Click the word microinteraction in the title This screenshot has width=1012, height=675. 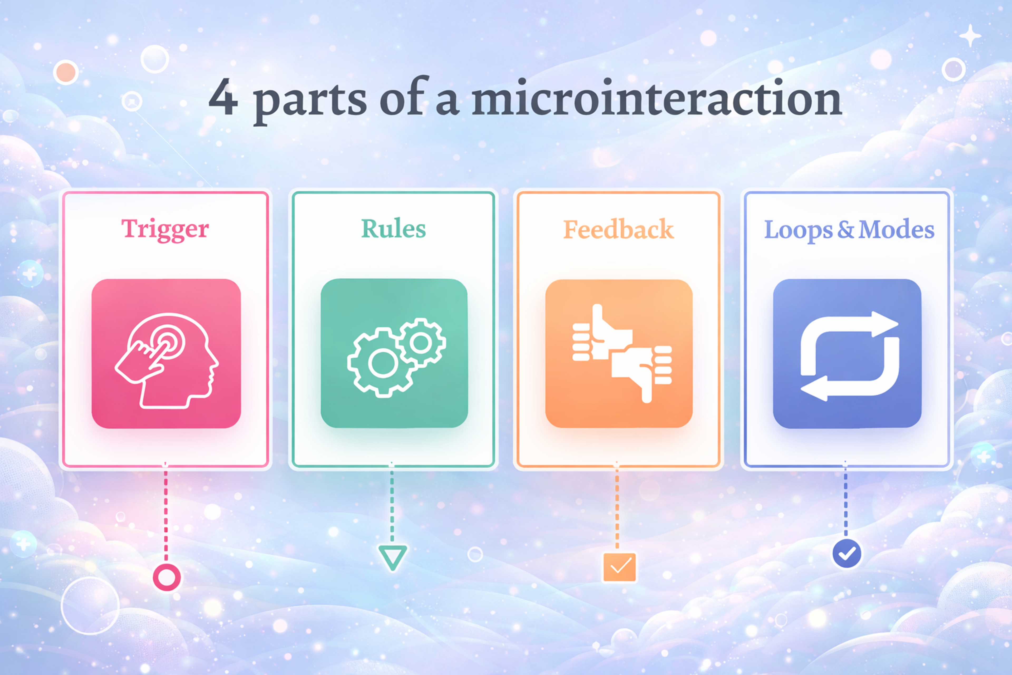click(x=656, y=98)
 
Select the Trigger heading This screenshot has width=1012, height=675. click(x=165, y=229)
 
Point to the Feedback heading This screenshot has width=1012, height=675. click(x=618, y=229)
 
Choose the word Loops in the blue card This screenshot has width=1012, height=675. click(x=798, y=230)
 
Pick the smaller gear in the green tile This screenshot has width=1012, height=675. click(x=421, y=343)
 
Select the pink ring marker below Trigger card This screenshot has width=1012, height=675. click(x=167, y=577)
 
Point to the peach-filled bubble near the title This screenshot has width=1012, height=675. click(x=65, y=72)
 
